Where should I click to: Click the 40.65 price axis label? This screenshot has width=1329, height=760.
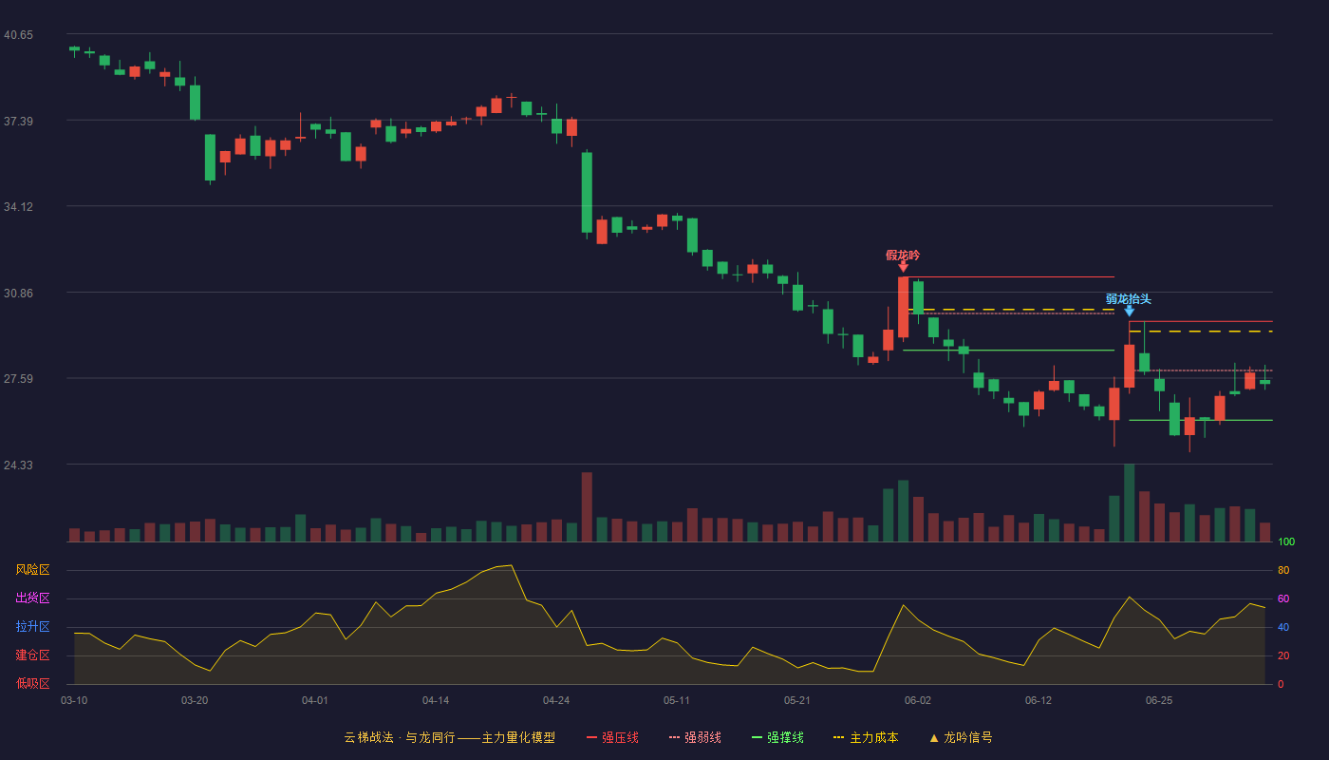click(x=18, y=35)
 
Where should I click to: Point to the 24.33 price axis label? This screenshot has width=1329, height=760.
click(x=18, y=465)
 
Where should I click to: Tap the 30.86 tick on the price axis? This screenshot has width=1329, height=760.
click(x=18, y=294)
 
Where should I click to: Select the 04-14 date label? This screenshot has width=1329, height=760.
click(x=436, y=701)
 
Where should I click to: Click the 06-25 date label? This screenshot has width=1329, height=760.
click(x=1159, y=701)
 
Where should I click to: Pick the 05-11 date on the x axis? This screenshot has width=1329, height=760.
click(x=676, y=701)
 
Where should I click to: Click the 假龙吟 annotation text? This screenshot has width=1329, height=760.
click(x=903, y=256)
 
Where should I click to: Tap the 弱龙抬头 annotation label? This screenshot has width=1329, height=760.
click(x=1128, y=299)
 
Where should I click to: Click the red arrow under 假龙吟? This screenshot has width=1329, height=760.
click(x=903, y=267)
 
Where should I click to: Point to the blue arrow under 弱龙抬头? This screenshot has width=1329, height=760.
click(x=1129, y=312)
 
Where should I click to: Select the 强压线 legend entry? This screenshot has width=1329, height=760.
click(x=612, y=737)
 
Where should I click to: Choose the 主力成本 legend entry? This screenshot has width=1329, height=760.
click(x=866, y=737)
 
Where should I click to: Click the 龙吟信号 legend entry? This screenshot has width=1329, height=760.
click(x=961, y=737)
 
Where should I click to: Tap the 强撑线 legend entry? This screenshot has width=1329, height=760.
click(x=777, y=737)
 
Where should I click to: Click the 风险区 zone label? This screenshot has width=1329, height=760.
click(x=32, y=570)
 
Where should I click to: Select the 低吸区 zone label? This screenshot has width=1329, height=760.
click(x=32, y=683)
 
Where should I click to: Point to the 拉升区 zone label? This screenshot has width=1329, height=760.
click(x=32, y=626)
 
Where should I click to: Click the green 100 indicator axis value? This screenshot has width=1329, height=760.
click(x=1286, y=541)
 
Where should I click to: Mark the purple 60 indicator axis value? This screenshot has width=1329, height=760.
click(x=1283, y=598)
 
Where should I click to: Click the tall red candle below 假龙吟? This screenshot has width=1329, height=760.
click(x=903, y=308)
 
